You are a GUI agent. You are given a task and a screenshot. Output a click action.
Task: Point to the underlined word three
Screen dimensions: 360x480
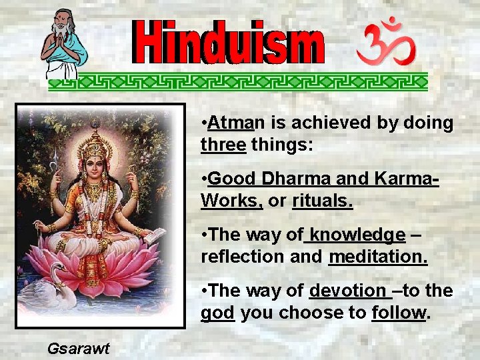223,144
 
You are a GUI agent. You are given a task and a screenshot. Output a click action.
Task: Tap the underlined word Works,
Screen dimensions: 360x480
231,201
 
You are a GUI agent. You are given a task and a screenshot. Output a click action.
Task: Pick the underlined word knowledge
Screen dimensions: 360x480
357,235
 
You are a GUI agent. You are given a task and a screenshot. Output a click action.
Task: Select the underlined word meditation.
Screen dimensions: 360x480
377,257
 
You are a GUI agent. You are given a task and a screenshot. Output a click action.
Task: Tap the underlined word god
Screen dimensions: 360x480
217,313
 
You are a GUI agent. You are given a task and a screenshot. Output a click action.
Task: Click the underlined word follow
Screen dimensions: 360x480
399,313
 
